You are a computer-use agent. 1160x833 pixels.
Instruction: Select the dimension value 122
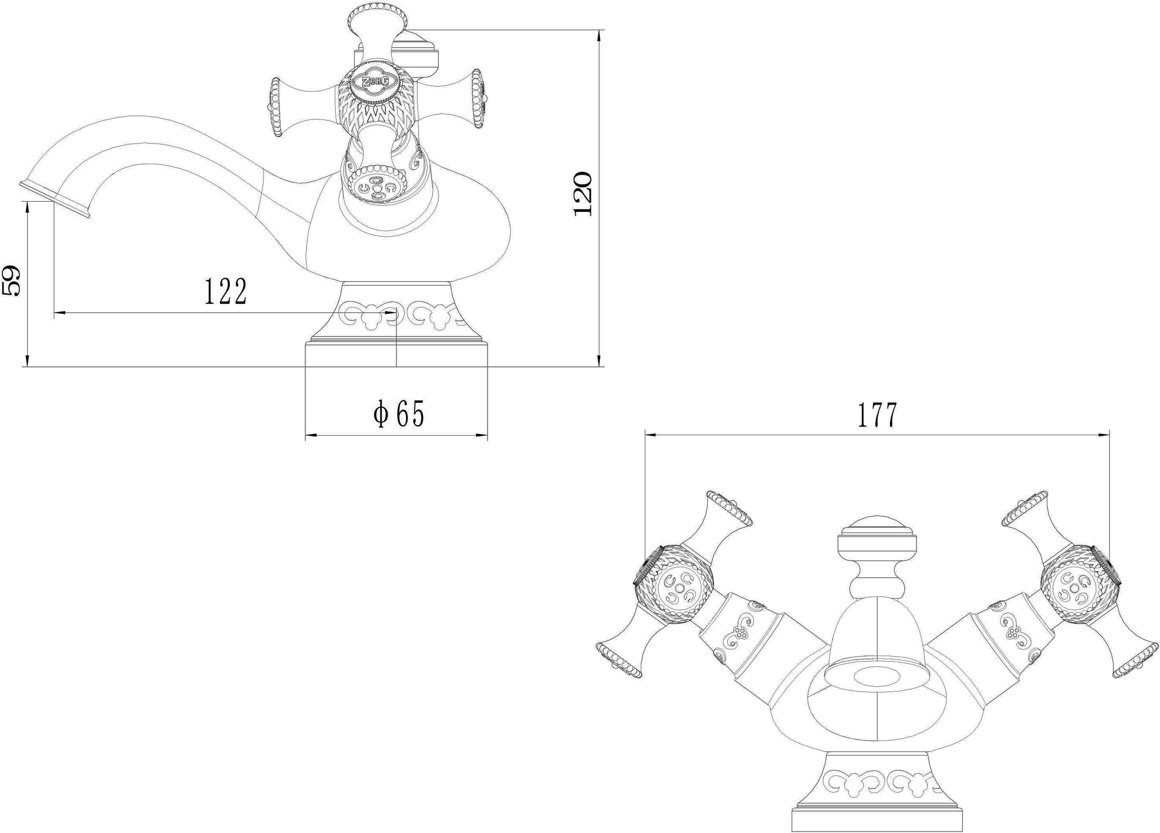(x=226, y=292)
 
